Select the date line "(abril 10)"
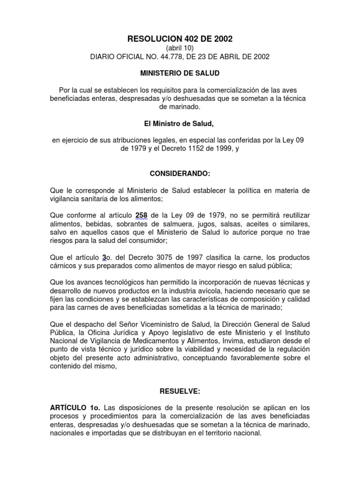[x=180, y=48]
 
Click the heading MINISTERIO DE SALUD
[x=180, y=74]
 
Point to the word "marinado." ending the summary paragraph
[x=180, y=107]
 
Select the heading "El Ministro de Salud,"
[x=180, y=124]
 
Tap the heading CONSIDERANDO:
[x=180, y=174]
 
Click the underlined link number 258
[x=141, y=216]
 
